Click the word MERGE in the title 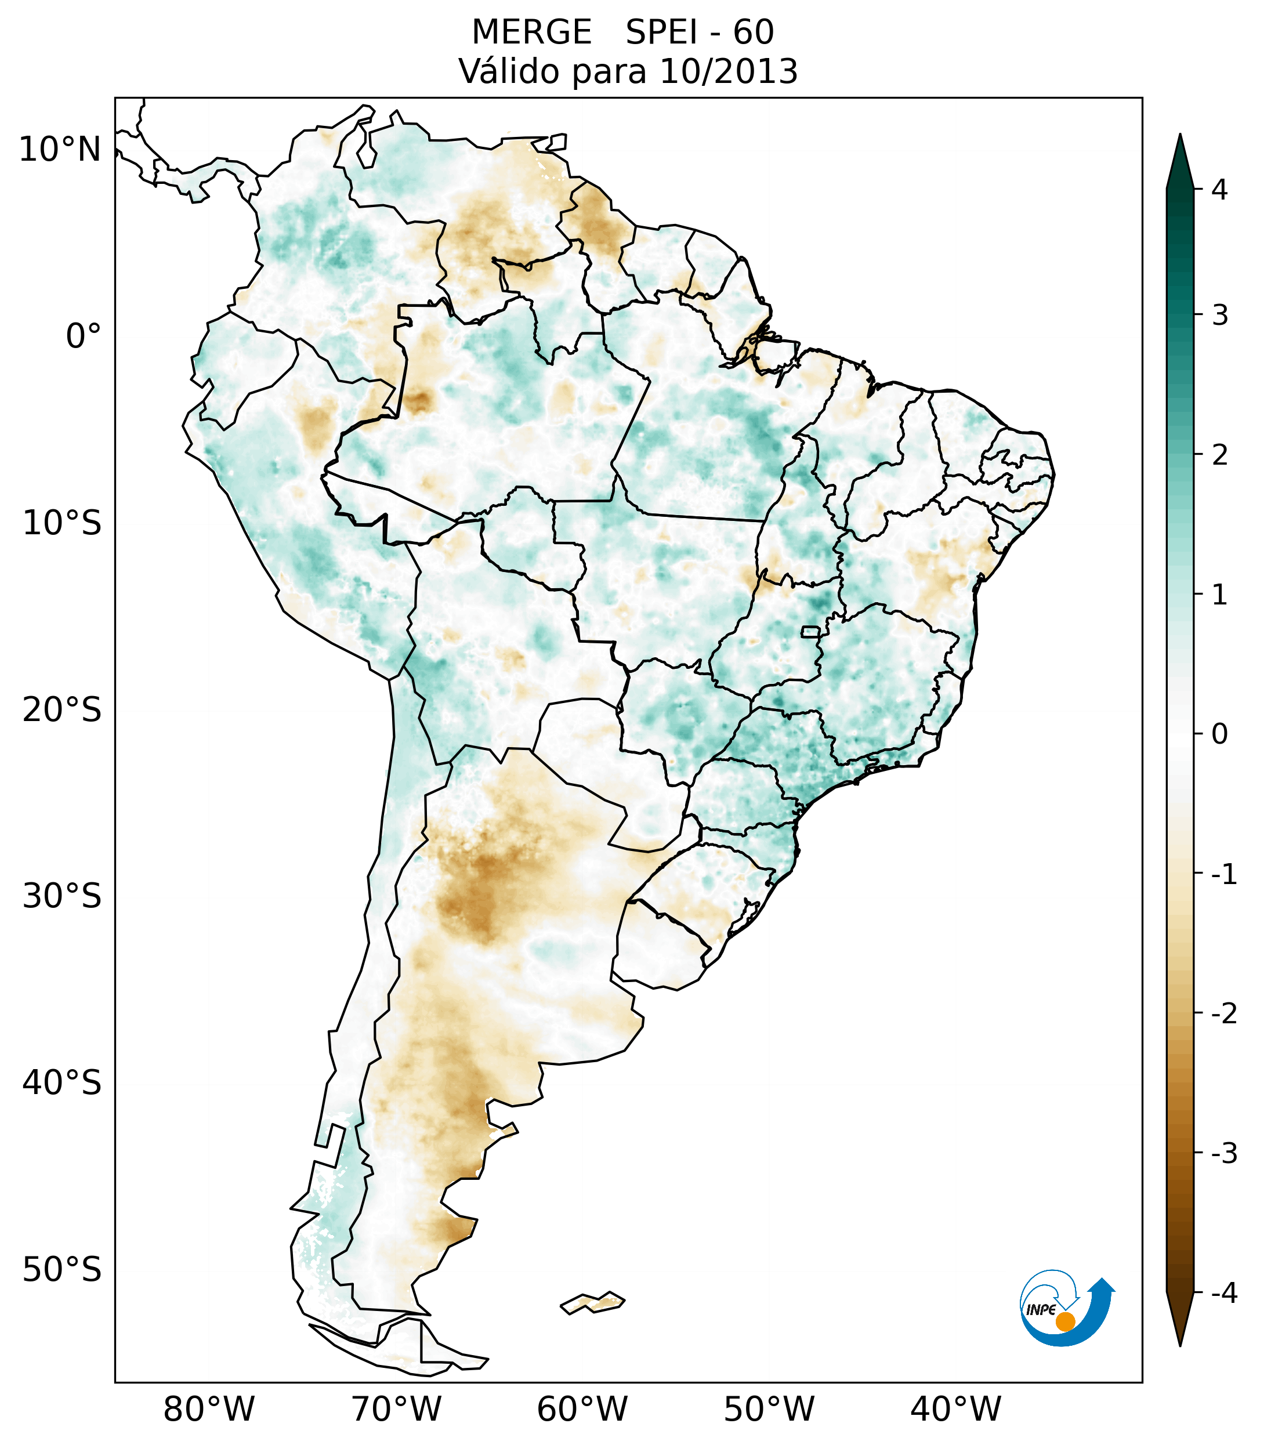click(531, 32)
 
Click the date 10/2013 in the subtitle click(728, 71)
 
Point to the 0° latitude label click(84, 336)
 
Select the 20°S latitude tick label click(62, 710)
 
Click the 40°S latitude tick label click(62, 1083)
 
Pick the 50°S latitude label click(62, 1270)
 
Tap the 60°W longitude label click(582, 1409)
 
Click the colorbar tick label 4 click(1219, 190)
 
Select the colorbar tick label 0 click(1219, 734)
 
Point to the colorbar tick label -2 click(1223, 1014)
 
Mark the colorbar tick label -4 click(1223, 1293)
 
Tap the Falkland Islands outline click(593, 1302)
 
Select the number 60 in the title click(754, 32)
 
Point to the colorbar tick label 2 click(1219, 455)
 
